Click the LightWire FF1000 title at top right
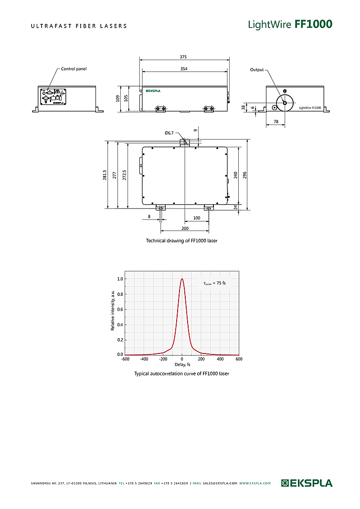click(290, 24)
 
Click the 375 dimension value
click(183, 57)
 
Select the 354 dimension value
click(184, 69)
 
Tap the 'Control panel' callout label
click(74, 69)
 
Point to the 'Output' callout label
click(257, 70)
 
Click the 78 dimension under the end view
click(276, 122)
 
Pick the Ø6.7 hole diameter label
click(169, 133)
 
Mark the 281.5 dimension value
click(105, 175)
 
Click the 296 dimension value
click(244, 175)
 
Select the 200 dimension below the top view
click(185, 228)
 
